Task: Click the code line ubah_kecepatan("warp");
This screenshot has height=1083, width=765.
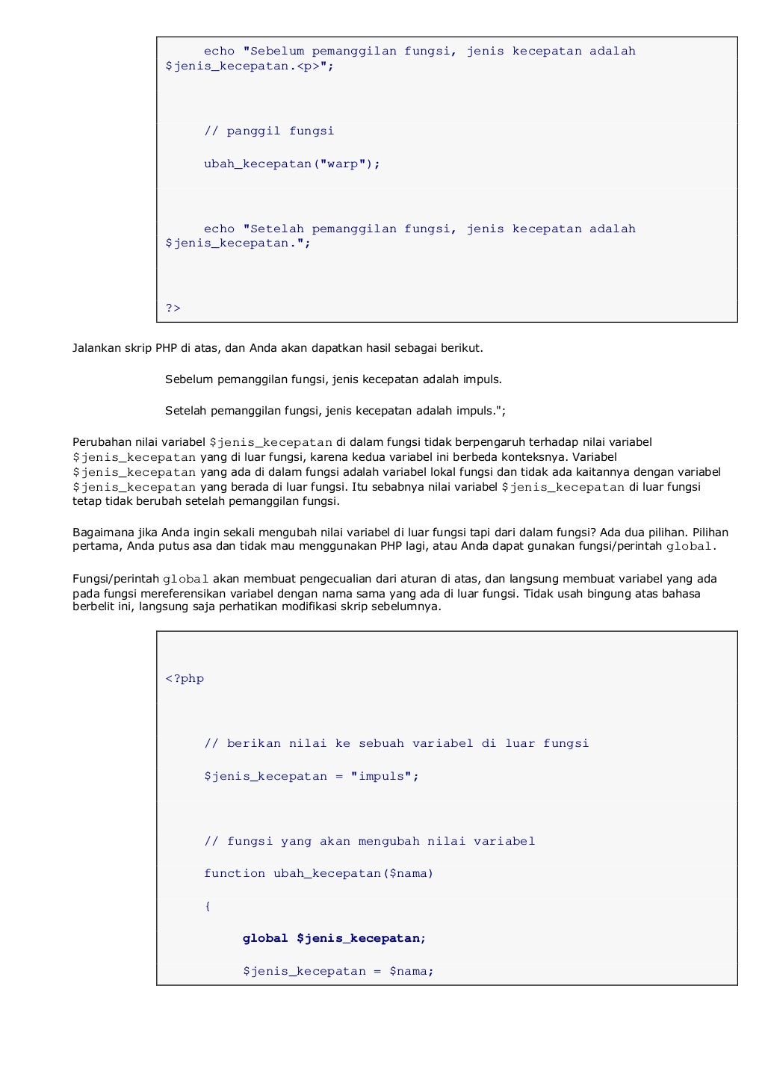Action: tap(292, 164)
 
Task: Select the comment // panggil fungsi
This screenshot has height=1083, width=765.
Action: tap(269, 131)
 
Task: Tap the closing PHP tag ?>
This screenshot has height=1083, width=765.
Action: tap(173, 308)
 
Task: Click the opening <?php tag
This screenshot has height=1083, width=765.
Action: tap(185, 678)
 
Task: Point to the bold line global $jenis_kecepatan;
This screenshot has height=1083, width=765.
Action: tap(334, 938)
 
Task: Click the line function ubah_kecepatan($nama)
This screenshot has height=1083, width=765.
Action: tap(318, 873)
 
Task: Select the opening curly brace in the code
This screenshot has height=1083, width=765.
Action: tap(208, 906)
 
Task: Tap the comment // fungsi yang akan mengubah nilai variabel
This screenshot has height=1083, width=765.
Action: tap(369, 841)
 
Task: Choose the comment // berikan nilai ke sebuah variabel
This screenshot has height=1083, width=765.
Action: tap(396, 743)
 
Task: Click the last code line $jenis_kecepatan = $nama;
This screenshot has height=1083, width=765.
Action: tap(338, 971)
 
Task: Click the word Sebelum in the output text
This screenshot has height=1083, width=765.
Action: tap(189, 379)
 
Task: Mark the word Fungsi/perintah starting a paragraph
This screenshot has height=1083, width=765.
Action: tap(115, 579)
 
